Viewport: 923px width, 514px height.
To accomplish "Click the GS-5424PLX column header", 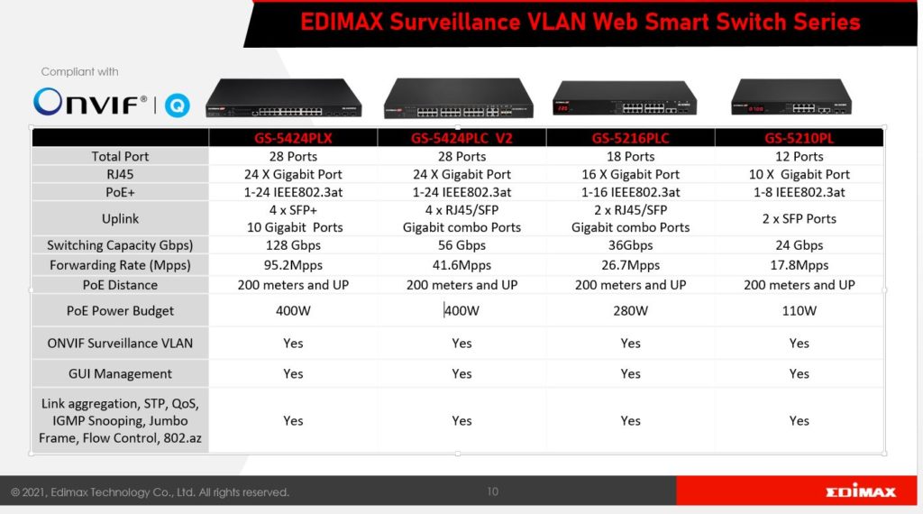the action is (x=293, y=138).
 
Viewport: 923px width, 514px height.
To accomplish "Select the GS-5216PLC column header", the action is (x=630, y=138).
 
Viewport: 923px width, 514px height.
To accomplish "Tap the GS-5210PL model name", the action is (x=799, y=138).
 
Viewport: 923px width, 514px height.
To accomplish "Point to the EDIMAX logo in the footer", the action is (x=861, y=491).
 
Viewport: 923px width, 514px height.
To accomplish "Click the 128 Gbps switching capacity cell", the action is (x=293, y=245).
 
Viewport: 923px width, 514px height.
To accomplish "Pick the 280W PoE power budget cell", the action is (x=630, y=311).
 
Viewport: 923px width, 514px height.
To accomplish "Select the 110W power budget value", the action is (x=799, y=311).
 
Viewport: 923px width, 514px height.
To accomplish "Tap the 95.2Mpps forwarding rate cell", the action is (x=293, y=265).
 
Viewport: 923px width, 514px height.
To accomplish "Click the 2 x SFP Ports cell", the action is (x=799, y=218).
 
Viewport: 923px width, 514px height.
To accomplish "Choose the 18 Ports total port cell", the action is (x=630, y=157).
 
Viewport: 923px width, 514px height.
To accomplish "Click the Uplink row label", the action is (x=120, y=219).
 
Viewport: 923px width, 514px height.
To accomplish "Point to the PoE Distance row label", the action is (x=120, y=285).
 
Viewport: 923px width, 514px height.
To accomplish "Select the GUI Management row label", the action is (x=120, y=374).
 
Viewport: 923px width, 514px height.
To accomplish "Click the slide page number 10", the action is (x=493, y=491).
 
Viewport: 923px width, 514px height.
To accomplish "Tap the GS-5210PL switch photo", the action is (x=791, y=97).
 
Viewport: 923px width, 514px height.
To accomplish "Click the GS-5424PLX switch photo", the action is (x=284, y=98).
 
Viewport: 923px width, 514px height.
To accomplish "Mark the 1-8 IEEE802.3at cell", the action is (x=799, y=193).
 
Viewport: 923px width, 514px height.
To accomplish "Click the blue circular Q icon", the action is (x=178, y=106).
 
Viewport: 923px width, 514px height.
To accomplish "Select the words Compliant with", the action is (x=79, y=72).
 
